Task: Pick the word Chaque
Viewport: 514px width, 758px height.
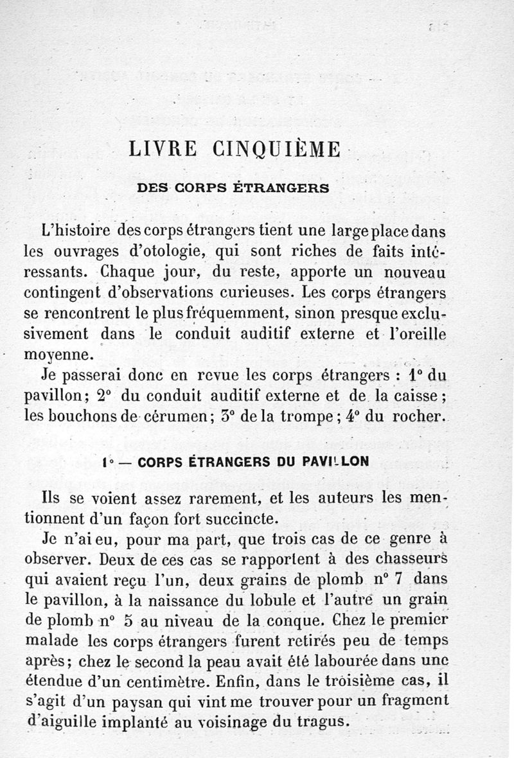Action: pyautogui.click(x=136, y=271)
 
